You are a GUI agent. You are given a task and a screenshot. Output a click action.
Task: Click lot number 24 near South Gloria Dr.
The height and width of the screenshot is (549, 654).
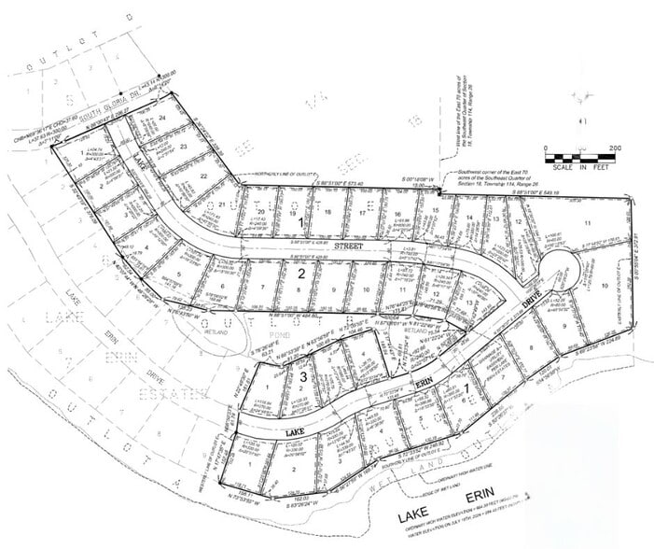pyautogui.click(x=162, y=120)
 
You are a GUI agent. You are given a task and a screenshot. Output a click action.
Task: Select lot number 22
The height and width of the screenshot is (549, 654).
pyautogui.click(x=202, y=176)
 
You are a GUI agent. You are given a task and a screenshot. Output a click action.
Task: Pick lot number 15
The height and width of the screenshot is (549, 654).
pyautogui.click(x=436, y=213)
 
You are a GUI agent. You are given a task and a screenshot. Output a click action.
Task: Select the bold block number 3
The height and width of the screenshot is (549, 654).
pyautogui.click(x=303, y=375)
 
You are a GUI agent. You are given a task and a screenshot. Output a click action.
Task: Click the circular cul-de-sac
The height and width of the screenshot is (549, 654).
pyautogui.click(x=558, y=266)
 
